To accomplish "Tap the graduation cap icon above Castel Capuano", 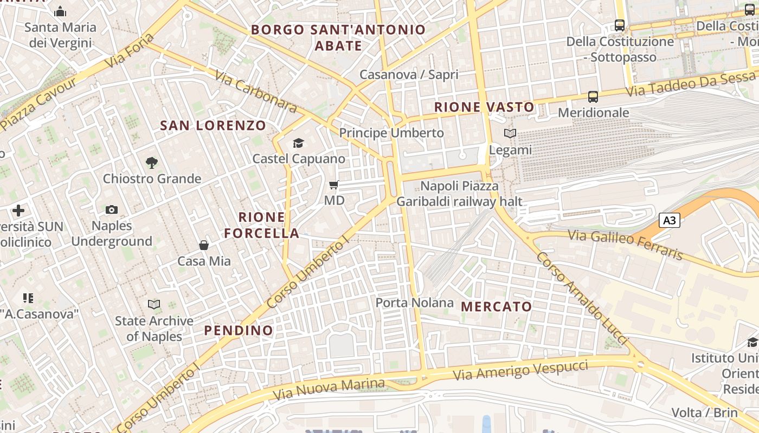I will [298, 143].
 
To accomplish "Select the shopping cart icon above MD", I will [334, 185].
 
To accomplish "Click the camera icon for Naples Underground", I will [112, 210].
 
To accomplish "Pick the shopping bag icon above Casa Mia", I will [204, 246].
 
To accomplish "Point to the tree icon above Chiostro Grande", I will [152, 162].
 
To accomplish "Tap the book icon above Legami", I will [510, 133].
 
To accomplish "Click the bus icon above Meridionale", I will [593, 97].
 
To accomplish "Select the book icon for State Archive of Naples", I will [154, 305].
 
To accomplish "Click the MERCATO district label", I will [497, 307].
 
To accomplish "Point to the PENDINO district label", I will [239, 330].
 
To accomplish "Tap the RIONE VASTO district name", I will [484, 107].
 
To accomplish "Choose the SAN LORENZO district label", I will [213, 126].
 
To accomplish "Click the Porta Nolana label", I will [414, 303].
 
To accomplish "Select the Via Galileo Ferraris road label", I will [625, 245].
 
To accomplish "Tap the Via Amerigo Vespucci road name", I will [520, 370].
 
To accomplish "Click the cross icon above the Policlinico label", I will [18, 210].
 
